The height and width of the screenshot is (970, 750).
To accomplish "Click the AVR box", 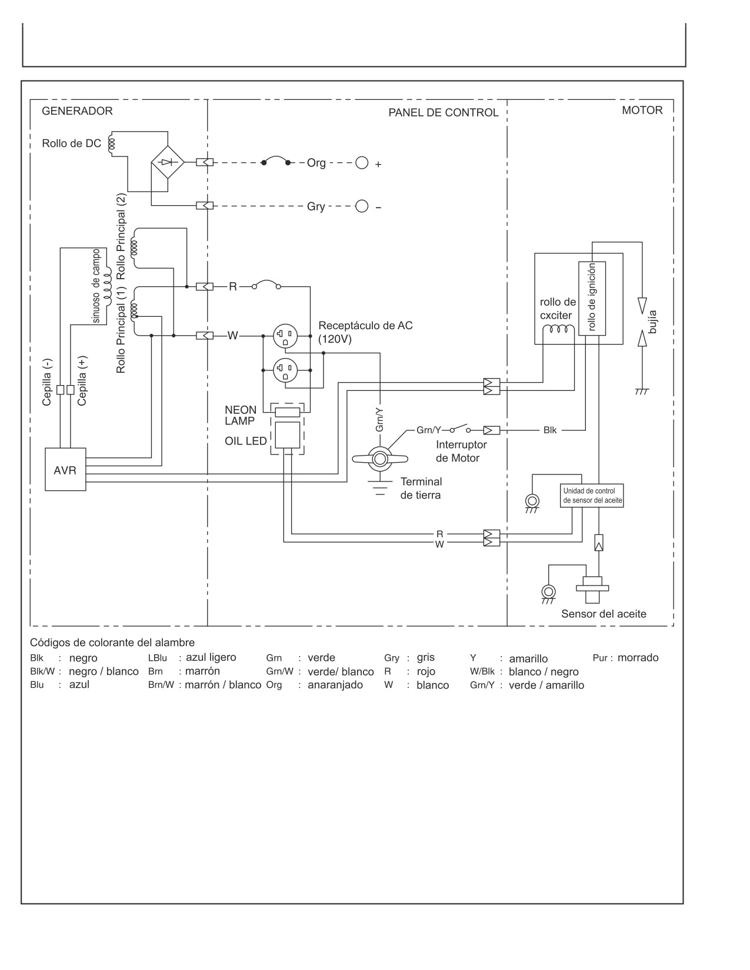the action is tap(65, 469).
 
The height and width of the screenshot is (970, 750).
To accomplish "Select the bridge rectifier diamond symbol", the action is tap(168, 162).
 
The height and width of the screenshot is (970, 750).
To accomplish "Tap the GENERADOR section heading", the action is tap(77, 111).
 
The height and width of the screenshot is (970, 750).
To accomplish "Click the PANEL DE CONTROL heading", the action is tap(443, 112).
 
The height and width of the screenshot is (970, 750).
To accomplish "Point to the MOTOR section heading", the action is tap(642, 111).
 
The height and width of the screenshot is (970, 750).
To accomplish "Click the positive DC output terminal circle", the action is tap(361, 163).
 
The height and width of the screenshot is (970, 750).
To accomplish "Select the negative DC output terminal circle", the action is tap(361, 206).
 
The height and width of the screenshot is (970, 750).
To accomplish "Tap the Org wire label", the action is tap(316, 163).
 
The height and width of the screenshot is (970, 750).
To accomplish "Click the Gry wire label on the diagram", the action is tap(316, 207).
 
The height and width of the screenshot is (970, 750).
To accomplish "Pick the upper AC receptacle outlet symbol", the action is tap(285, 335).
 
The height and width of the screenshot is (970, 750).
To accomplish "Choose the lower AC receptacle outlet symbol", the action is tap(285, 370).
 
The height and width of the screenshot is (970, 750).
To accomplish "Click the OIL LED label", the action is tap(246, 441).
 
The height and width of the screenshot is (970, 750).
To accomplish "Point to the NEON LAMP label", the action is tap(241, 415).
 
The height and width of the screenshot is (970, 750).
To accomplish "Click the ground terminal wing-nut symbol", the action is tap(379, 459).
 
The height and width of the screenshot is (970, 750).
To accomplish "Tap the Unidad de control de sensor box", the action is tap(592, 496).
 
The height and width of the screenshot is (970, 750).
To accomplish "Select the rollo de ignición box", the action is tap(592, 298).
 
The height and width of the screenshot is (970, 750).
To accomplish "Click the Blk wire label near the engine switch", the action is tap(550, 430).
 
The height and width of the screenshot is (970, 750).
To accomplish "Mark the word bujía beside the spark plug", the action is tap(652, 322).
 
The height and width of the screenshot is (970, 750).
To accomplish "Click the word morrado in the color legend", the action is tap(638, 657).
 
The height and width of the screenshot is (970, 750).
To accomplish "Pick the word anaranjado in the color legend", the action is tap(335, 685).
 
